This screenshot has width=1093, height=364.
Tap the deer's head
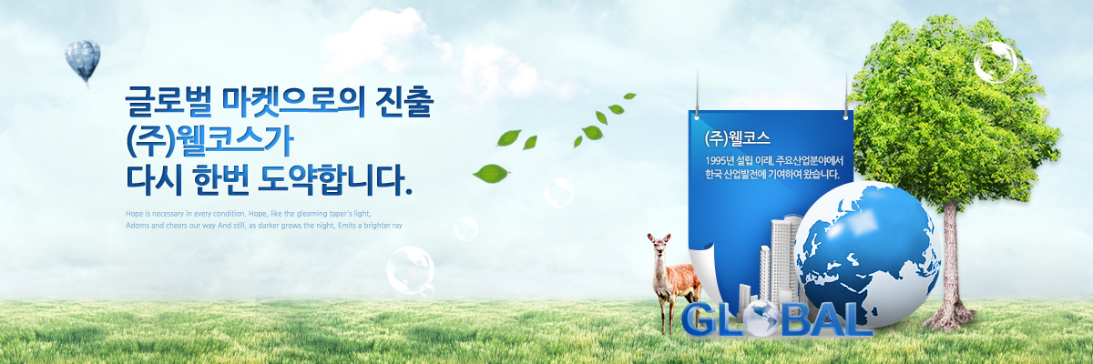pyautogui.click(x=659, y=245)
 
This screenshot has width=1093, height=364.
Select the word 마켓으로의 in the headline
pyautogui.click(x=293, y=101)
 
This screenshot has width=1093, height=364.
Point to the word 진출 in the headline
pyautogui.click(x=404, y=101)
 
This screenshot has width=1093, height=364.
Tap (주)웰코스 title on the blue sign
pyautogui.click(x=737, y=139)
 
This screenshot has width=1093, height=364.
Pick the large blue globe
pyautogui.click(x=867, y=254)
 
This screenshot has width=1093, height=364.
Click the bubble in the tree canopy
pyautogui.click(x=995, y=62)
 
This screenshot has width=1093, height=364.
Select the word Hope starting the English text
pyautogui.click(x=135, y=214)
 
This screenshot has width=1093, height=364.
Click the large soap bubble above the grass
pyautogui.click(x=411, y=270)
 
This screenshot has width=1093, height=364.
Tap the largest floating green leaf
pyautogui.click(x=491, y=174)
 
